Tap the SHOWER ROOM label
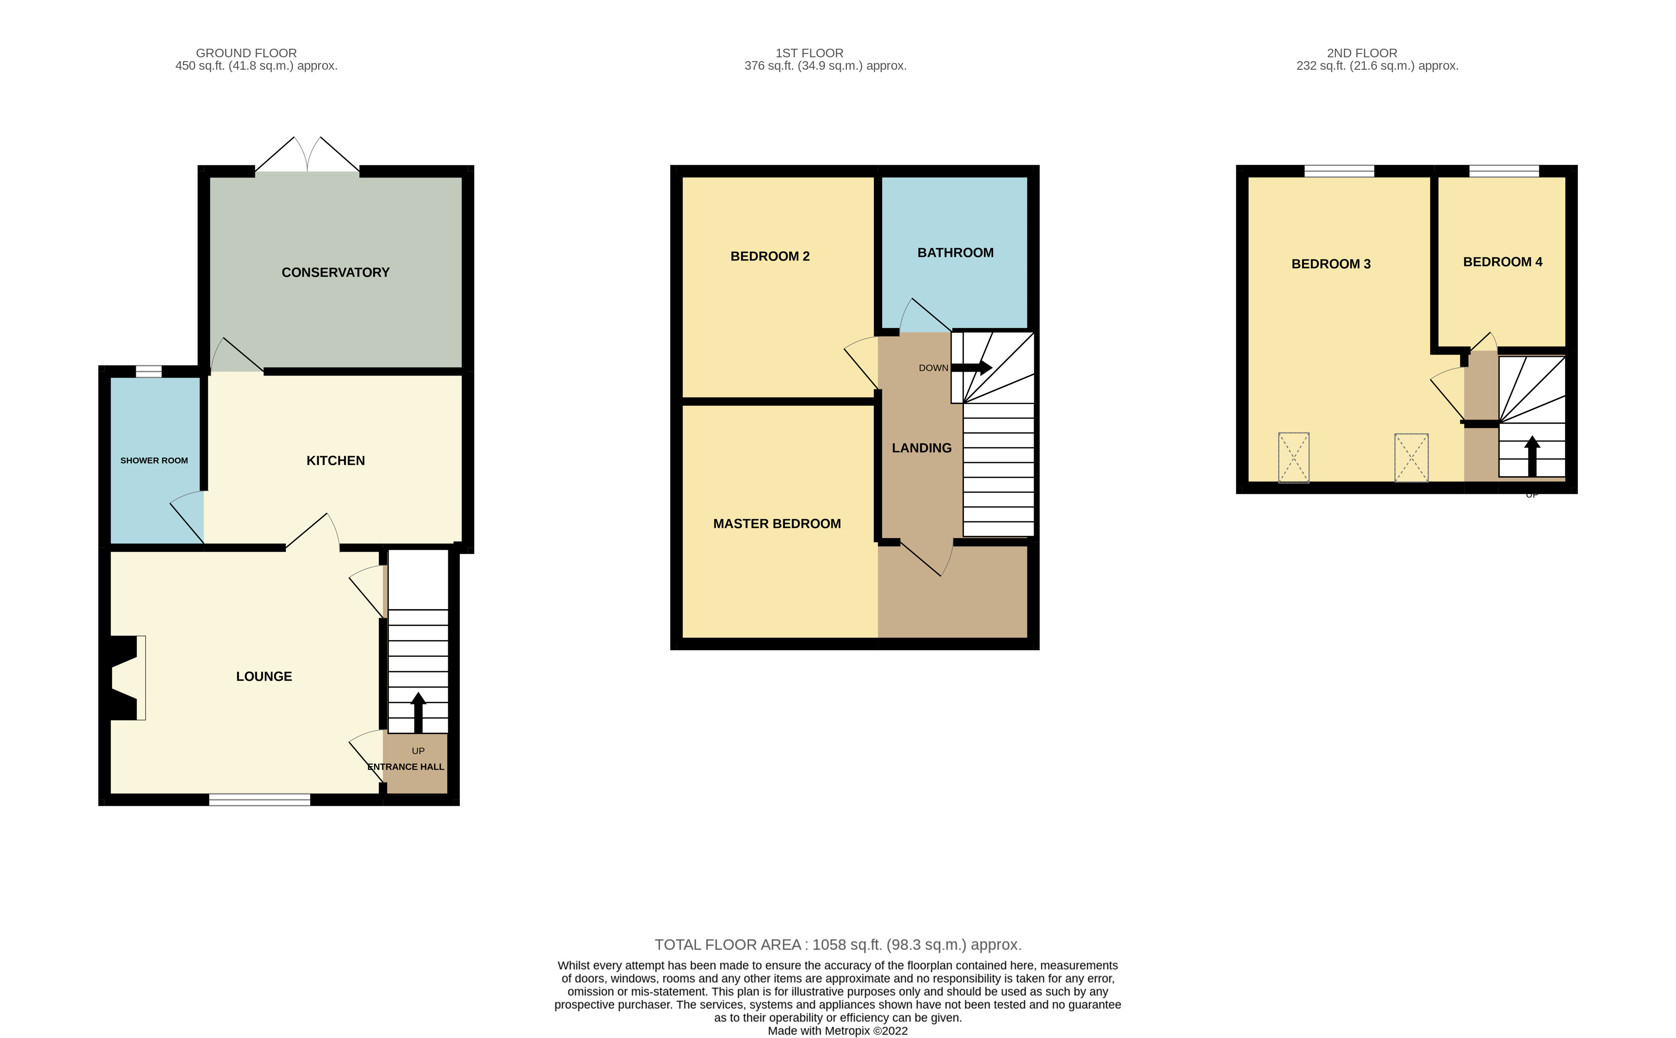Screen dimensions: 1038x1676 coord(154,460)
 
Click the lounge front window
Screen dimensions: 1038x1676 coord(260,799)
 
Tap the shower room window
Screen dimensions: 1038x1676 coord(148,372)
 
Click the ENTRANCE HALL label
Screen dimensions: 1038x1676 coord(406,767)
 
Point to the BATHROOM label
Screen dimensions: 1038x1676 coord(955,253)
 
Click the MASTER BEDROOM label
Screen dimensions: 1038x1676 coord(777,524)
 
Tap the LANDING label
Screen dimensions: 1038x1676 coord(921,448)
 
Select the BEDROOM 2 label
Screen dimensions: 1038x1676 coord(770,256)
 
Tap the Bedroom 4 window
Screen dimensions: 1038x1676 coord(1503,171)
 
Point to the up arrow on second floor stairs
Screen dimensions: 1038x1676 coord(1532,457)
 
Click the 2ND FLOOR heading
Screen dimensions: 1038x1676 coord(1362,53)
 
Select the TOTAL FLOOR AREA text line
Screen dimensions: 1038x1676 coord(838,945)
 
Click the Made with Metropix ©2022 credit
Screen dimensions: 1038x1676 coord(838,1030)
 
